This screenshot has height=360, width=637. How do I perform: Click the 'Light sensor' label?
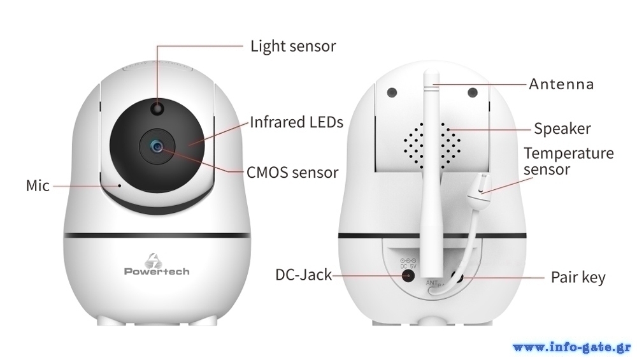tap(292, 47)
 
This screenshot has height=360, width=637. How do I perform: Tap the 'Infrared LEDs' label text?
tap(296, 122)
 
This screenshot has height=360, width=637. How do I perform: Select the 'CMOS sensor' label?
tap(292, 172)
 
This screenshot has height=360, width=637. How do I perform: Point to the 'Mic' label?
tap(38, 185)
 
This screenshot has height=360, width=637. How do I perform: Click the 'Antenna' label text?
tap(561, 84)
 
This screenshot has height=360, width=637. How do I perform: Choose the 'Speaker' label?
tap(562, 129)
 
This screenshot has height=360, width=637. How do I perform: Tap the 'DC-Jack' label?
tap(303, 275)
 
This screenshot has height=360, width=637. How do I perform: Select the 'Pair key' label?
tap(578, 278)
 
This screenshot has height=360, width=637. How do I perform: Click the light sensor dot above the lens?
tap(157, 110)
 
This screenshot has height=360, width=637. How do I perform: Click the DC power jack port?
tap(407, 275)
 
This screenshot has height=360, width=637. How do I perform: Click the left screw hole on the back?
tap(392, 92)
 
